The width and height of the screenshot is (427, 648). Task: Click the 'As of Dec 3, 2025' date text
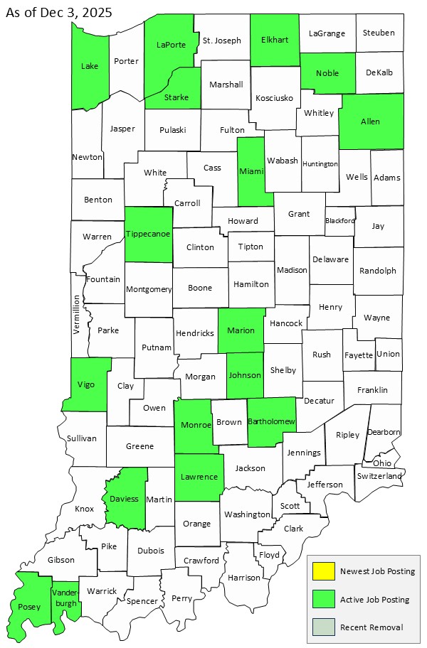[x=58, y=13]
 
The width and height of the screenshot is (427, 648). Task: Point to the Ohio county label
[x=381, y=463]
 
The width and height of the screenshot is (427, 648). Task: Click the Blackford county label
[x=339, y=221]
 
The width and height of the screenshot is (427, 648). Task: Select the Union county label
[x=388, y=354]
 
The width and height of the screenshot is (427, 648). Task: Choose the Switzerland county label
[x=380, y=475]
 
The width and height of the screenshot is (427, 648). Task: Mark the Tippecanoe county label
[x=149, y=234]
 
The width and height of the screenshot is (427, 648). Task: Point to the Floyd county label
[x=269, y=554]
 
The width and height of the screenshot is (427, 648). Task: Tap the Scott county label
[x=290, y=506]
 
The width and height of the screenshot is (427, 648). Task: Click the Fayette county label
[x=358, y=355]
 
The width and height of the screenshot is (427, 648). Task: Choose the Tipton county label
[x=251, y=247]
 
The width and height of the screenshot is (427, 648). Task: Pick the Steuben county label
[x=379, y=33]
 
